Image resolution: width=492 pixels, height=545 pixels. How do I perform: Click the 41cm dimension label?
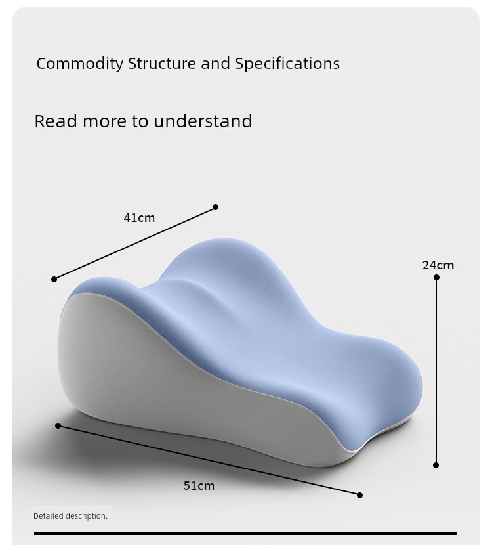(x=139, y=218)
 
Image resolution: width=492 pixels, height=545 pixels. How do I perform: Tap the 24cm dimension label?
(x=438, y=265)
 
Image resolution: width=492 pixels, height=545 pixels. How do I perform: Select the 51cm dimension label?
(x=199, y=485)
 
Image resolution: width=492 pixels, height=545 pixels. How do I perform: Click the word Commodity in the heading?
(x=80, y=64)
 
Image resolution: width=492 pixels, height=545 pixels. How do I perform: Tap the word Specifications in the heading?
(x=287, y=64)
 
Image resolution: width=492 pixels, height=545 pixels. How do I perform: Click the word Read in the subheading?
(x=56, y=121)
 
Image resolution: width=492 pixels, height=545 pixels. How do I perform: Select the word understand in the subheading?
(x=203, y=121)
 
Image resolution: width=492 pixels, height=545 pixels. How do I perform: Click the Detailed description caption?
(x=70, y=516)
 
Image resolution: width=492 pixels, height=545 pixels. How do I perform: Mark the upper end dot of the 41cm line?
(x=215, y=207)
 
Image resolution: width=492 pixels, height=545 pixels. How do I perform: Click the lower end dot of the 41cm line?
(x=54, y=279)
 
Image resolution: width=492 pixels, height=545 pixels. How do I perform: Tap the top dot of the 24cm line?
(x=436, y=277)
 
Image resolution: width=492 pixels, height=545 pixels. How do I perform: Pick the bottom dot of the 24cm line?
(x=436, y=465)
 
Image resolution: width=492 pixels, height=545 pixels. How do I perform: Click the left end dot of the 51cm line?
(x=58, y=425)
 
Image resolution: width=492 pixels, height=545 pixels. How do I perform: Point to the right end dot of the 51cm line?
(x=359, y=495)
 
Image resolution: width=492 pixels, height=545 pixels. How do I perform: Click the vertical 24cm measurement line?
(x=436, y=371)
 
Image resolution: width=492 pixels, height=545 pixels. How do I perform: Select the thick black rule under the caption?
(x=245, y=533)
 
